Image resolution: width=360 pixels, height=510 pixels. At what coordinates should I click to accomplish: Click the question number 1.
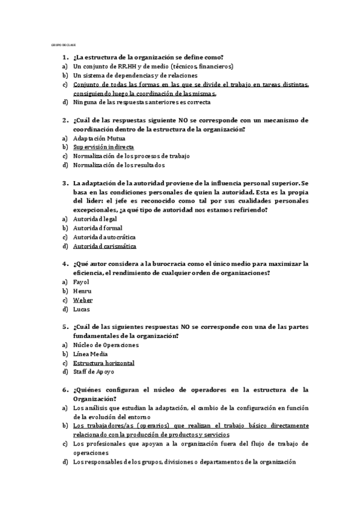(x=64, y=57)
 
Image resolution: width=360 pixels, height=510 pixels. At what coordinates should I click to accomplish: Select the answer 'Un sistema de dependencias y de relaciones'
(x=135, y=75)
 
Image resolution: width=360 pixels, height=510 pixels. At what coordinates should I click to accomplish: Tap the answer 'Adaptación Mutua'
(x=99, y=138)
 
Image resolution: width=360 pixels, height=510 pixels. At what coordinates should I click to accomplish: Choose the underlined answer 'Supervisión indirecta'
(x=103, y=147)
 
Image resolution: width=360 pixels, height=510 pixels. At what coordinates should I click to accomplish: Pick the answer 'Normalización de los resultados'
(x=119, y=165)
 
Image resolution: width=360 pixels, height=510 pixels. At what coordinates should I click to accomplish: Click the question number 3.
(x=64, y=183)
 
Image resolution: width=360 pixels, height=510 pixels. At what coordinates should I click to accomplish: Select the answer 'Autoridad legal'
(x=95, y=219)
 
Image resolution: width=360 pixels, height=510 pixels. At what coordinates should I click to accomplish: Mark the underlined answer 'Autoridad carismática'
(x=105, y=246)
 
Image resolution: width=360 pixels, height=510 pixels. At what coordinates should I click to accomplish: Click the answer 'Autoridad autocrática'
(x=104, y=237)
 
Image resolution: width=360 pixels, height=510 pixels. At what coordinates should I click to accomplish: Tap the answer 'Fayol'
(x=82, y=282)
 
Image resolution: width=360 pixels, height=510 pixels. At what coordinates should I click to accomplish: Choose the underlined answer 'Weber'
(x=83, y=300)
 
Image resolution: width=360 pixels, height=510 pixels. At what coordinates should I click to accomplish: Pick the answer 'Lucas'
(x=82, y=309)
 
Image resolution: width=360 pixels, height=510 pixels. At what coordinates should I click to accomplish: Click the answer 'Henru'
(x=82, y=291)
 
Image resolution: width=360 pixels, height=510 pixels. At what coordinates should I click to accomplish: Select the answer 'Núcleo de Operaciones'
(x=106, y=345)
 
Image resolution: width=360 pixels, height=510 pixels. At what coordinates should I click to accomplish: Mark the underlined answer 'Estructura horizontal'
(x=103, y=363)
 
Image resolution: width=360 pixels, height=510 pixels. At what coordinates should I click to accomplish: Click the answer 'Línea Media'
(x=91, y=354)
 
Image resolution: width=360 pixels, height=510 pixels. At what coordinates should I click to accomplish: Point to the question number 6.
(x=64, y=390)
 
